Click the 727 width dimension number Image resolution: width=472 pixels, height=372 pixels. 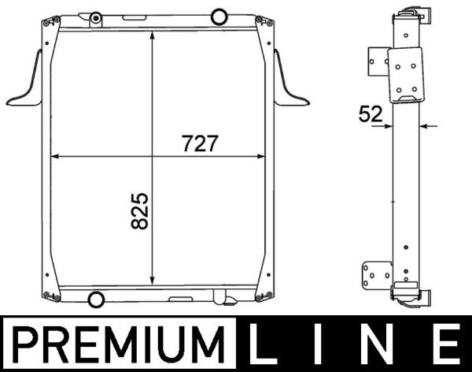199,144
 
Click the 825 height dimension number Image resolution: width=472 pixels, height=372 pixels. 140,210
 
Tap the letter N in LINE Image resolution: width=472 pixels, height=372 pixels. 384,344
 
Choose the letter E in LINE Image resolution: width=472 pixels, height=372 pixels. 444,344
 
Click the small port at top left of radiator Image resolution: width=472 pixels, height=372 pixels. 95,17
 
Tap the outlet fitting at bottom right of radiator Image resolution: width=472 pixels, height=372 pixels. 223,299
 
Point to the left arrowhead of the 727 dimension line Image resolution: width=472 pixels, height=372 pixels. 54,157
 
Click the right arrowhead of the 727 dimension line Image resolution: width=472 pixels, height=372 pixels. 265,157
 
